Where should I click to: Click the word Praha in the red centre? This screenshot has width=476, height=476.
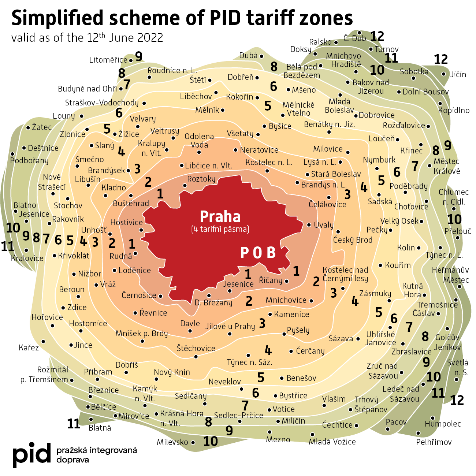(x=220, y=216)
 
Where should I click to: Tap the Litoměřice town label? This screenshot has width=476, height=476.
(x=108, y=60)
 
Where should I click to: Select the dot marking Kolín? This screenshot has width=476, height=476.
(x=419, y=248)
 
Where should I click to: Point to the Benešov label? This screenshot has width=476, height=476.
(x=301, y=378)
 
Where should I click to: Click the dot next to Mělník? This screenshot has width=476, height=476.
(x=223, y=110)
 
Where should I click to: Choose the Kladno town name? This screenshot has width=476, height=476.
(x=114, y=187)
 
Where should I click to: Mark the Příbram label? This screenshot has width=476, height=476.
(x=98, y=372)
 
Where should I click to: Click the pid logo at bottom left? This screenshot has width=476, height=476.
(x=31, y=455)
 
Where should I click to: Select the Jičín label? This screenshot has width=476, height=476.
(x=458, y=74)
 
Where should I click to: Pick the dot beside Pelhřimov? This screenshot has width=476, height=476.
(x=418, y=433)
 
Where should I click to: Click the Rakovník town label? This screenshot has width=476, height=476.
(x=68, y=219)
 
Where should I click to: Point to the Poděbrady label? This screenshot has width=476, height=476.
(x=408, y=186)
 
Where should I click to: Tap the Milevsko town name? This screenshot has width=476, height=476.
(x=172, y=442)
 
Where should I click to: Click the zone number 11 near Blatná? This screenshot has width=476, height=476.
(x=74, y=424)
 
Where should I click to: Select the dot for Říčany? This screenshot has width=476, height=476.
(x=287, y=281)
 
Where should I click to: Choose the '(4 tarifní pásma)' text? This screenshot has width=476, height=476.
(x=220, y=230)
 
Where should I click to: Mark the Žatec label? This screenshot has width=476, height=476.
(x=41, y=127)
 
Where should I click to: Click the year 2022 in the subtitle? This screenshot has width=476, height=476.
(x=150, y=38)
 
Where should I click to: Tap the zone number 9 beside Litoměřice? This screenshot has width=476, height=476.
(x=138, y=56)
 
